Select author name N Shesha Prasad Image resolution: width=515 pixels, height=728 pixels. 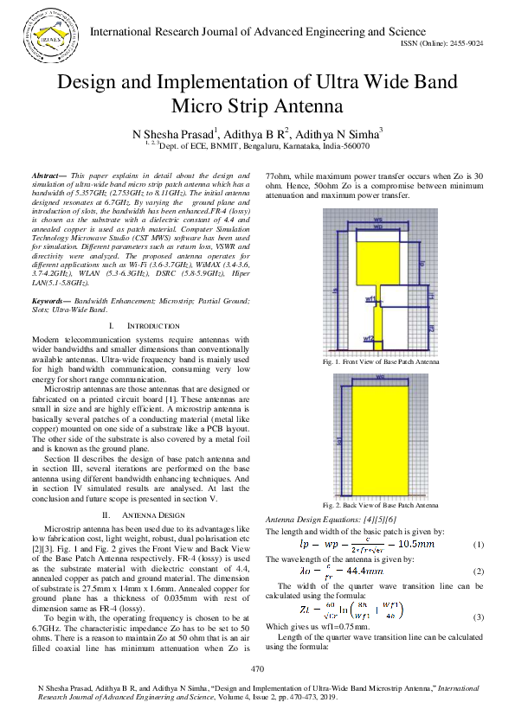(172, 135)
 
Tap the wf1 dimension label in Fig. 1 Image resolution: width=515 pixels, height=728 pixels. (370, 298)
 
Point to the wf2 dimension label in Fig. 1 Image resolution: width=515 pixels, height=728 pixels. (368, 338)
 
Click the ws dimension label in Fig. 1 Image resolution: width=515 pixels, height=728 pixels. (378, 220)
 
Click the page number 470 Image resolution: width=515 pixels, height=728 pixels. (257, 670)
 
